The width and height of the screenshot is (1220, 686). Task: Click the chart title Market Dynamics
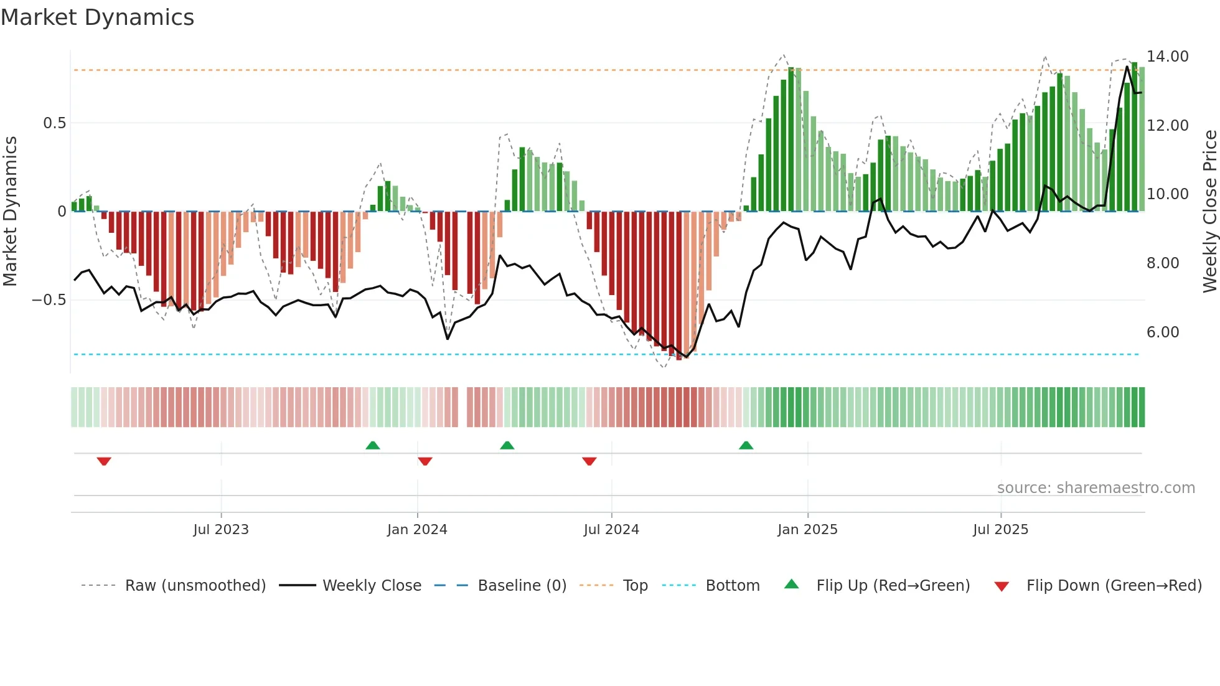pos(98,17)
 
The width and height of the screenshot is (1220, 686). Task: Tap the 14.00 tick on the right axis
pos(1167,57)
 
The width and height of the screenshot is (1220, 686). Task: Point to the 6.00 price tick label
pos(1162,332)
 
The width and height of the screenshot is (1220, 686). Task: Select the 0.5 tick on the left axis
pos(54,123)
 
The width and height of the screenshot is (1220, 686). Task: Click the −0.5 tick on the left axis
pos(49,300)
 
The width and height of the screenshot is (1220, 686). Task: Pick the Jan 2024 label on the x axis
pos(416,530)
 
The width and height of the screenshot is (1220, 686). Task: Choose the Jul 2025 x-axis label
pos(1000,530)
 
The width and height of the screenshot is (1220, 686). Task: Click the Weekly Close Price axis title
pos(1209,212)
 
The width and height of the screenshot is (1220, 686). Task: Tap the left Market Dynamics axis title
pos(10,212)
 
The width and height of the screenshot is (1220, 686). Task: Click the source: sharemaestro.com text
pos(1096,488)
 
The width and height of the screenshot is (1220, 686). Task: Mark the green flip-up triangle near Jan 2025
pos(746,445)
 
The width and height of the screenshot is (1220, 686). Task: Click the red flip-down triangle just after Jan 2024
pos(425,461)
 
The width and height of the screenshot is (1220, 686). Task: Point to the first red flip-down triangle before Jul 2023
pos(104,461)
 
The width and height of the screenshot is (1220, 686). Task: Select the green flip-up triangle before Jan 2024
pos(373,445)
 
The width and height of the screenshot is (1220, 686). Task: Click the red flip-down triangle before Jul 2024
pos(589,461)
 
